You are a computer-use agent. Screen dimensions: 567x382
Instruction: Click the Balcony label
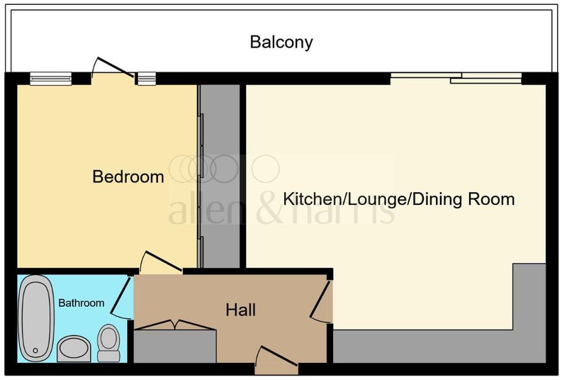[281, 42]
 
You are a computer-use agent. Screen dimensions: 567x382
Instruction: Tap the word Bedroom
[128, 176]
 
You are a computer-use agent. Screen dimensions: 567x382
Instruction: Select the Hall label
[240, 310]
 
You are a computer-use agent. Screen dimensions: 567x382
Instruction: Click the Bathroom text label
[82, 303]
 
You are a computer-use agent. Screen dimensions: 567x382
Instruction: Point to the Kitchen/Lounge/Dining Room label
[399, 199]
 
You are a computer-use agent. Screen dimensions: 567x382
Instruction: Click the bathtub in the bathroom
[36, 318]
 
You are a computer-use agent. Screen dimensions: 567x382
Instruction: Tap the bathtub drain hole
[35, 350]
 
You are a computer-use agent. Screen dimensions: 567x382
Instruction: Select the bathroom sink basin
[74, 349]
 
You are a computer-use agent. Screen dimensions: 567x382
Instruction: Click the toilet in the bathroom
[108, 343]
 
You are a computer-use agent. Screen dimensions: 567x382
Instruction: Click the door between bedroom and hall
[161, 262]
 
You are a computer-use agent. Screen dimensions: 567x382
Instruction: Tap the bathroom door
[121, 298]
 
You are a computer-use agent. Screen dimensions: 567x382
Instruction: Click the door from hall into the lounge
[320, 301]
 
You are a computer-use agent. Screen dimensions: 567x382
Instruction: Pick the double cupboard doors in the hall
[175, 325]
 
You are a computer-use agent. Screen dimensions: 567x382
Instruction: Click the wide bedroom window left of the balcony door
[50, 79]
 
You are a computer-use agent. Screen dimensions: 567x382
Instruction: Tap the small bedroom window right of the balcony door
[147, 79]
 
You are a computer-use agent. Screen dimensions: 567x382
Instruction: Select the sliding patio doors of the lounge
[456, 78]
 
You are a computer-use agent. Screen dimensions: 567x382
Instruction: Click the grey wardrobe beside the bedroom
[220, 176]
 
